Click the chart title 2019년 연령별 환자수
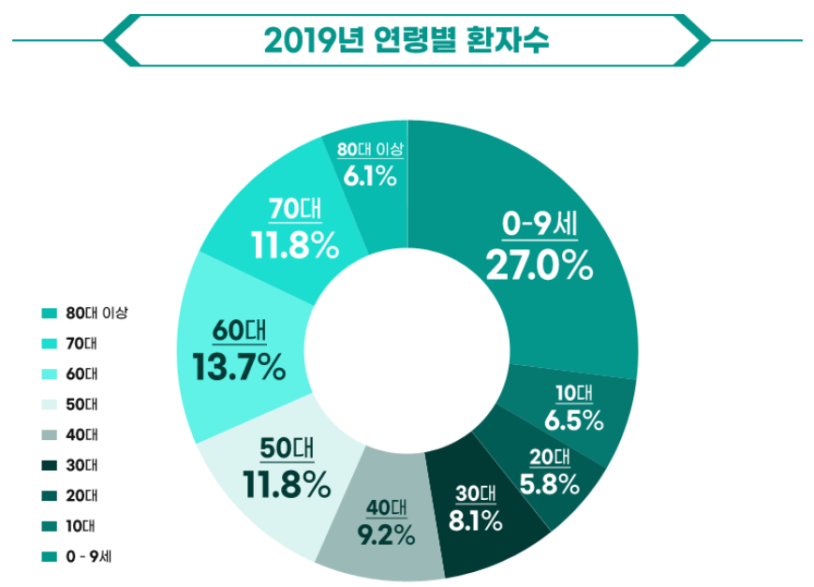pyautogui.click(x=407, y=41)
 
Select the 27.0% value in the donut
pyautogui.click(x=539, y=264)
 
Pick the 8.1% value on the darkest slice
pyautogui.click(x=475, y=521)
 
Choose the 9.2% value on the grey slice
pyautogui.click(x=385, y=536)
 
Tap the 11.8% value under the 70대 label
pyautogui.click(x=293, y=245)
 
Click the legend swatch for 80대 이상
pyautogui.click(x=50, y=314)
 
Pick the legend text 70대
pyautogui.click(x=81, y=344)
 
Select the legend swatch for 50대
pyautogui.click(x=50, y=404)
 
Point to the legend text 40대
pyautogui.click(x=81, y=434)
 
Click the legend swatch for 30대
pyautogui.click(x=50, y=465)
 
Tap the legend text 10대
pyautogui.click(x=81, y=525)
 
